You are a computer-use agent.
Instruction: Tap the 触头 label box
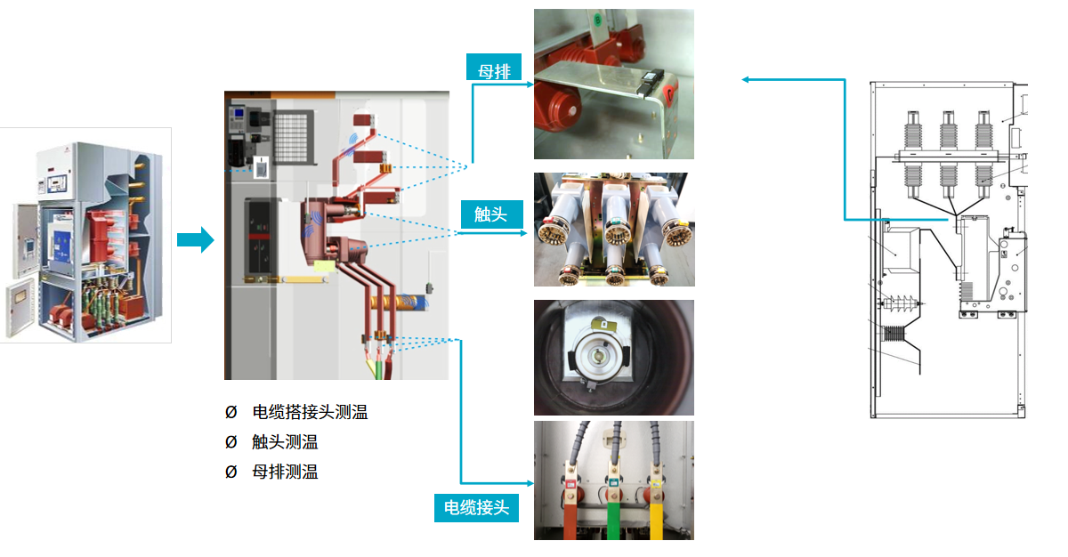point(490,214)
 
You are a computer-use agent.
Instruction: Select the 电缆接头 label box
point(476,507)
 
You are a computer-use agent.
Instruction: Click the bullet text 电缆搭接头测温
point(310,412)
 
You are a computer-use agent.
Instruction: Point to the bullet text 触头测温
point(285,442)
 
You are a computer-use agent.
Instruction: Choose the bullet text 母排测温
point(285,472)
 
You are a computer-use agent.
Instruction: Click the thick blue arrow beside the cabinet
point(195,239)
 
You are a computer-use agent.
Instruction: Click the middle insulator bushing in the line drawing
point(948,151)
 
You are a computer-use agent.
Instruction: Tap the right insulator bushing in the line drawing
point(983,151)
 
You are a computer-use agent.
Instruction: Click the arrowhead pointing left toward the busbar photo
point(747,80)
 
